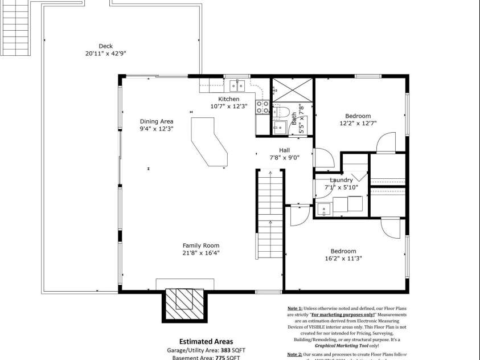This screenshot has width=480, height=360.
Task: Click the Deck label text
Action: [105, 46]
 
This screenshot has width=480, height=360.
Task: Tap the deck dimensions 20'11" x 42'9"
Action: [105, 54]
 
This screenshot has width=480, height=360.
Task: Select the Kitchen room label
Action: [229, 99]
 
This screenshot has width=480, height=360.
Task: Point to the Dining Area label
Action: [157, 121]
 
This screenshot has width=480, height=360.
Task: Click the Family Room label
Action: [200, 246]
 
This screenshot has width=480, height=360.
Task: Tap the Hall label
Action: [285, 150]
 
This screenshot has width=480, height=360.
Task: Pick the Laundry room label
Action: [341, 180]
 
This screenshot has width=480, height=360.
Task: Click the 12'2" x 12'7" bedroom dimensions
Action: [358, 123]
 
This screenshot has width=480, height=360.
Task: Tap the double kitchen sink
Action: [237, 86]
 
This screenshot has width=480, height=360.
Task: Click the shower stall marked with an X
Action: [292, 89]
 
